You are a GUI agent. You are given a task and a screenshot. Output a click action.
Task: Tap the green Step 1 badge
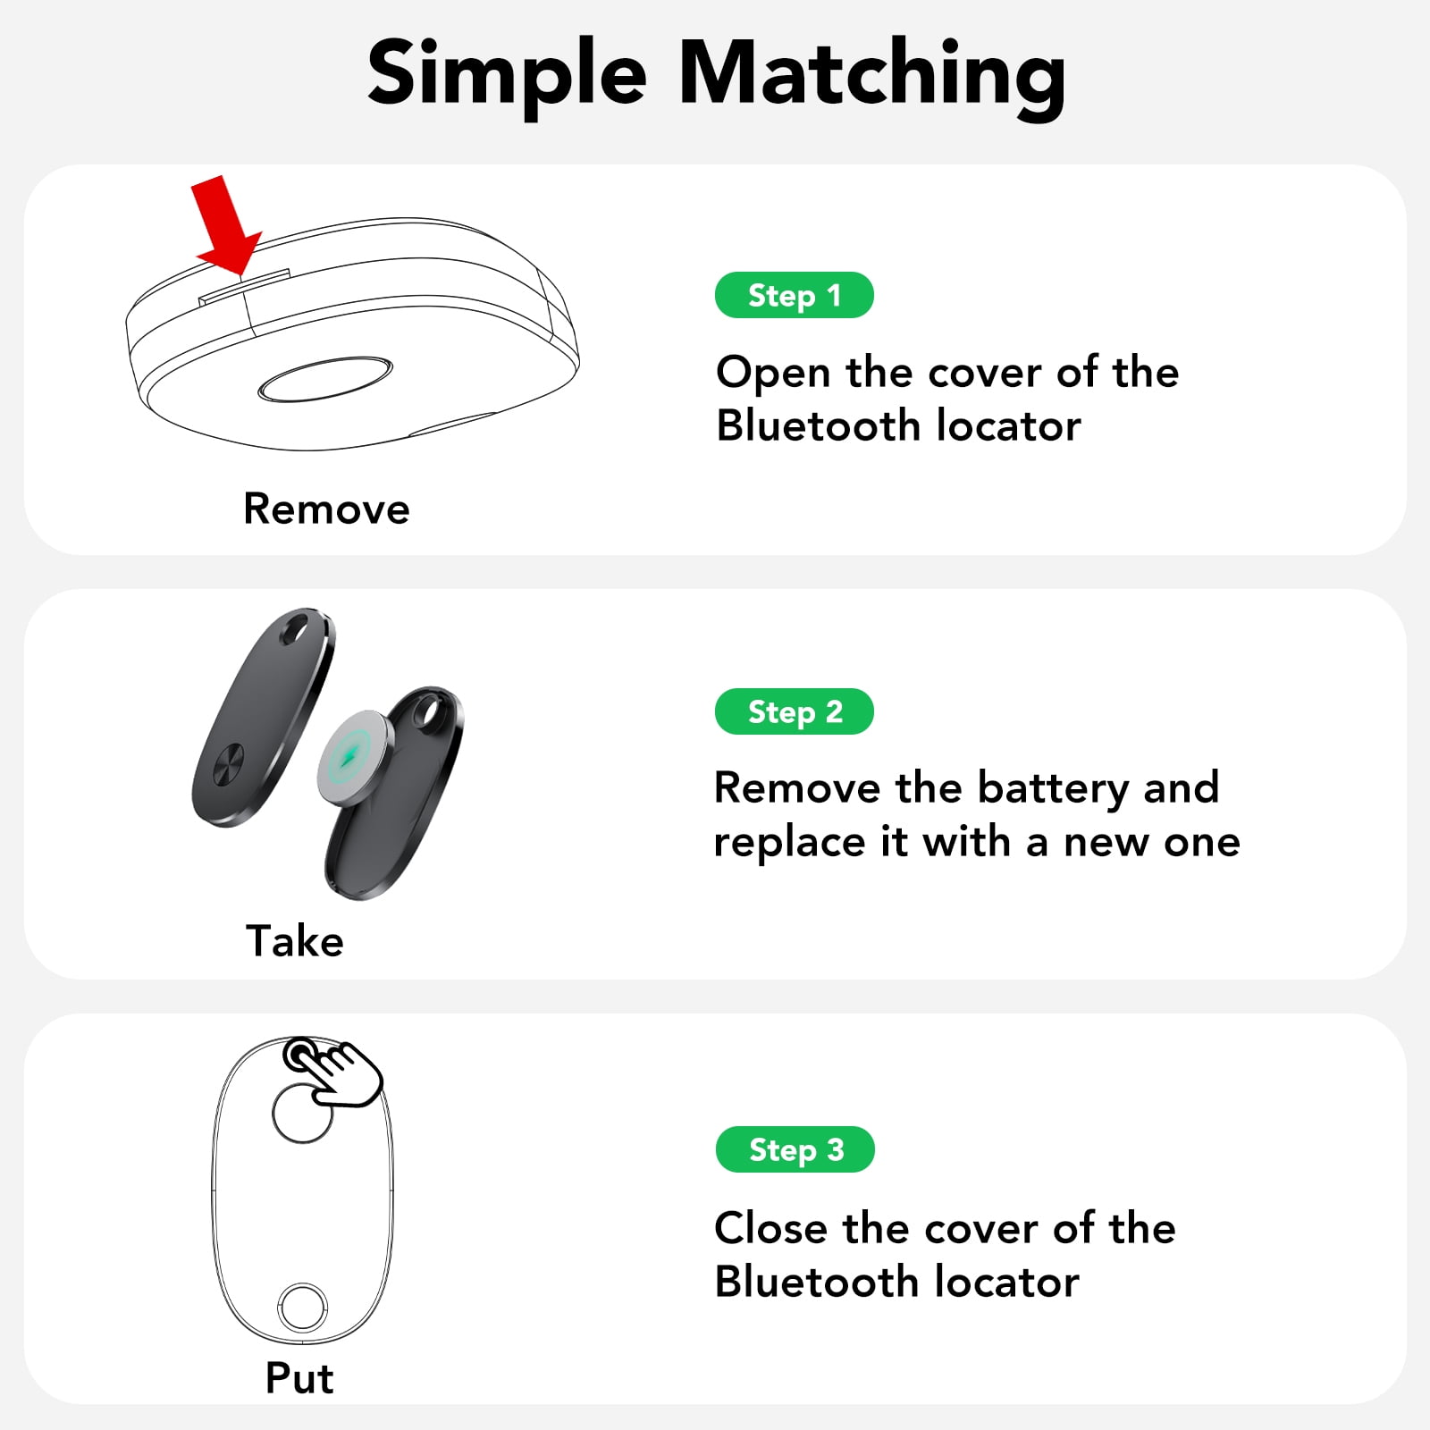coord(794,295)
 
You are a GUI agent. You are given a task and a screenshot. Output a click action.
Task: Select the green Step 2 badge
coord(794,711)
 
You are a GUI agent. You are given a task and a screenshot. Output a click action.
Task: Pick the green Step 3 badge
coord(795,1149)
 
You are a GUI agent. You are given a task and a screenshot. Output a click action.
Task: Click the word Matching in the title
coord(872,75)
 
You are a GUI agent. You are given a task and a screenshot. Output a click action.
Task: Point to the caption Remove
coord(326,509)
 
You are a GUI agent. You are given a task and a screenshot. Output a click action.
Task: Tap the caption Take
coord(295,941)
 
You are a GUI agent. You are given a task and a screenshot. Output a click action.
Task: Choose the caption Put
coord(299,1378)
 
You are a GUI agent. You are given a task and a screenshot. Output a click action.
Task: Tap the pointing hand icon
coord(332,1072)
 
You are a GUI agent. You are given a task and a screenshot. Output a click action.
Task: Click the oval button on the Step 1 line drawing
coord(325,379)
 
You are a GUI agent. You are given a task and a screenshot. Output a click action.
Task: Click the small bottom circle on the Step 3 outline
coord(302,1308)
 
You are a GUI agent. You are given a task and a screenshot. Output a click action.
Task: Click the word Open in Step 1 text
coord(773,374)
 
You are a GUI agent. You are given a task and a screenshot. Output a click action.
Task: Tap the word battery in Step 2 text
coord(1053,789)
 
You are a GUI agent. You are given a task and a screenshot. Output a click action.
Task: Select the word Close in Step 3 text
coord(771,1228)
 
